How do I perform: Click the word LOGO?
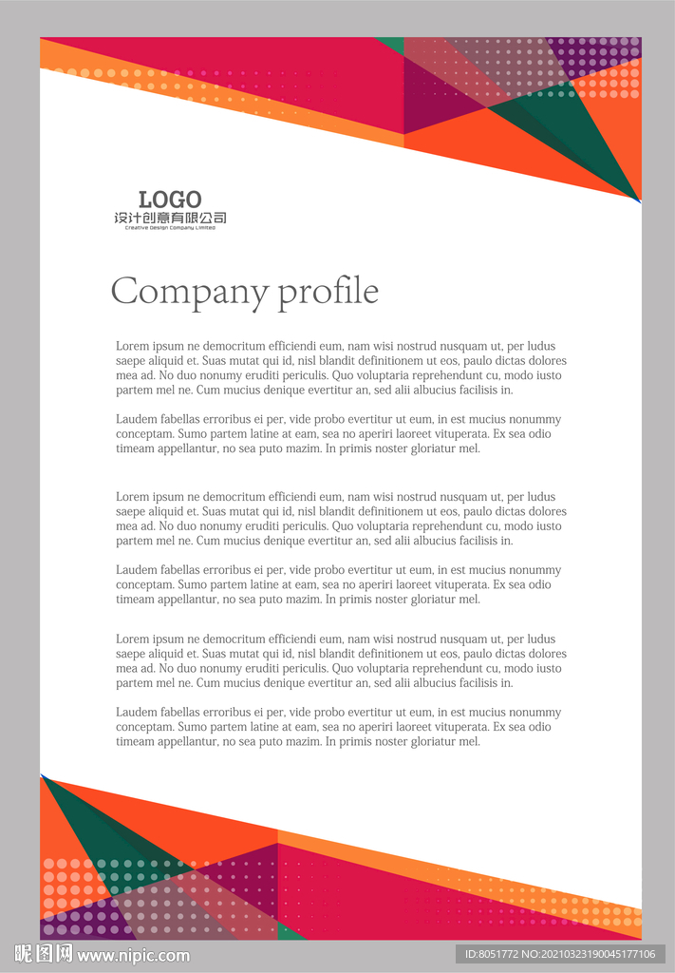[170, 200]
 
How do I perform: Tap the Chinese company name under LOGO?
[170, 219]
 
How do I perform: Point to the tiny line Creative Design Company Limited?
[170, 228]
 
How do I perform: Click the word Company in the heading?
[190, 292]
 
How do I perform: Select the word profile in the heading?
[328, 292]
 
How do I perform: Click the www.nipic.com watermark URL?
[134, 955]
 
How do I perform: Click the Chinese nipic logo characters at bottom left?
[43, 954]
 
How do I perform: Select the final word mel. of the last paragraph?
[469, 742]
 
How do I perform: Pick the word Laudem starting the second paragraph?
[137, 420]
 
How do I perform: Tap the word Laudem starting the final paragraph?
[137, 713]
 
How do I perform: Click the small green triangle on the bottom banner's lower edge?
[291, 932]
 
